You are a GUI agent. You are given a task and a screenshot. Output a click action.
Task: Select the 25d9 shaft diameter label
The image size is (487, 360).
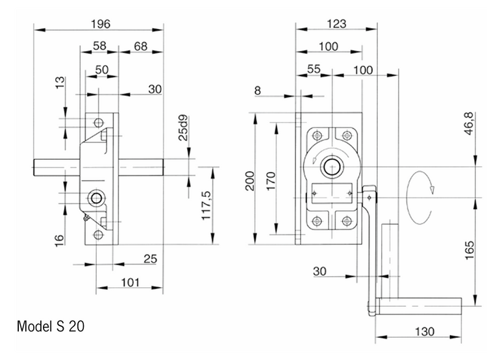pyautogui.click(x=184, y=128)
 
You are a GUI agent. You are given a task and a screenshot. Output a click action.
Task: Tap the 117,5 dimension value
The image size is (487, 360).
pyautogui.click(x=206, y=205)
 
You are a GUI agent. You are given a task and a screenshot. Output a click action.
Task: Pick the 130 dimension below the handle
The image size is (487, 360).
pyautogui.click(x=425, y=331)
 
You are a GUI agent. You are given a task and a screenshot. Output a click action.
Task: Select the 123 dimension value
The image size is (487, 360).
pyautogui.click(x=336, y=23)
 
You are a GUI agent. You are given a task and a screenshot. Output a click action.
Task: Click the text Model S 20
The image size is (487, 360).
pyautogui.click(x=51, y=326)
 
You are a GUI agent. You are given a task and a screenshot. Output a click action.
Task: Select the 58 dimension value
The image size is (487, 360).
pyautogui.click(x=100, y=47)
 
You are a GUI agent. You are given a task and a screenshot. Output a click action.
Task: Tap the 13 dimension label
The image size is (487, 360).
pyautogui.click(x=60, y=84)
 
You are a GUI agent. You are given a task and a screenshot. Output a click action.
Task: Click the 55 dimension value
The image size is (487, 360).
pyautogui.click(x=314, y=69)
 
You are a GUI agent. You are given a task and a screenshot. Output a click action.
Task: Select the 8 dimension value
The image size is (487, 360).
pyautogui.click(x=258, y=91)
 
